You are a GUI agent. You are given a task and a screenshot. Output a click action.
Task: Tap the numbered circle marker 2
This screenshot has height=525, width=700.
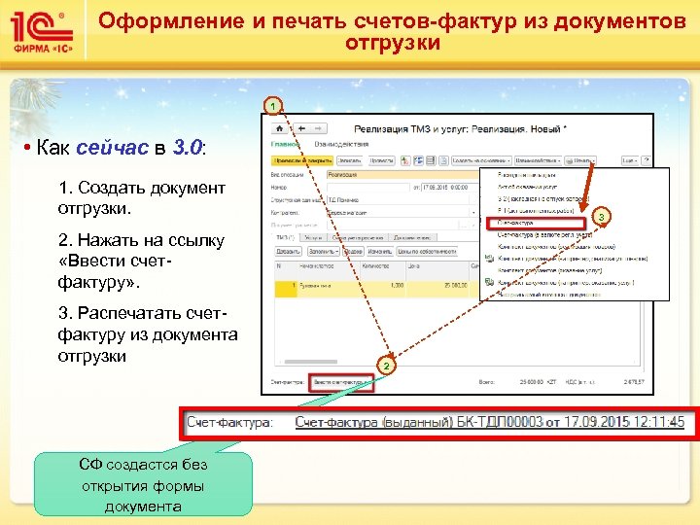(385, 366)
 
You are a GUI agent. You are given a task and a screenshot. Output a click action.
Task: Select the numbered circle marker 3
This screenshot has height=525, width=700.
(601, 214)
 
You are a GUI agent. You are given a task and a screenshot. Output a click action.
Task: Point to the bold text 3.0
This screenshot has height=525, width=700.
(187, 149)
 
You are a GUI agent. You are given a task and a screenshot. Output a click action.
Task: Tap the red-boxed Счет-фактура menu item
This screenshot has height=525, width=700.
(534, 223)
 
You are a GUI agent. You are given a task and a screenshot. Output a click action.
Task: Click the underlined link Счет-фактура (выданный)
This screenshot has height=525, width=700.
(373, 422)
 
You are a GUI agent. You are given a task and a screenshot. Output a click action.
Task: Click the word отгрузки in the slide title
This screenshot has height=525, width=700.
(393, 44)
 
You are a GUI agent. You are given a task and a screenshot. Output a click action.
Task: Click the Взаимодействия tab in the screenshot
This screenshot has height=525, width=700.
(336, 144)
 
